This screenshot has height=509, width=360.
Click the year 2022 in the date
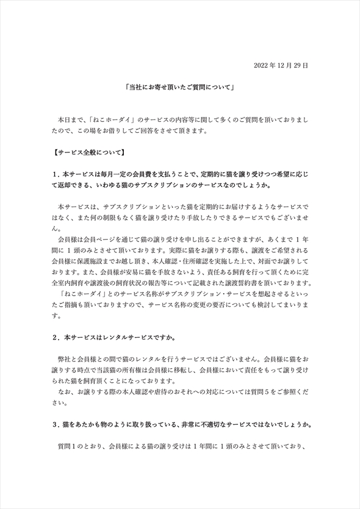pos(260,65)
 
